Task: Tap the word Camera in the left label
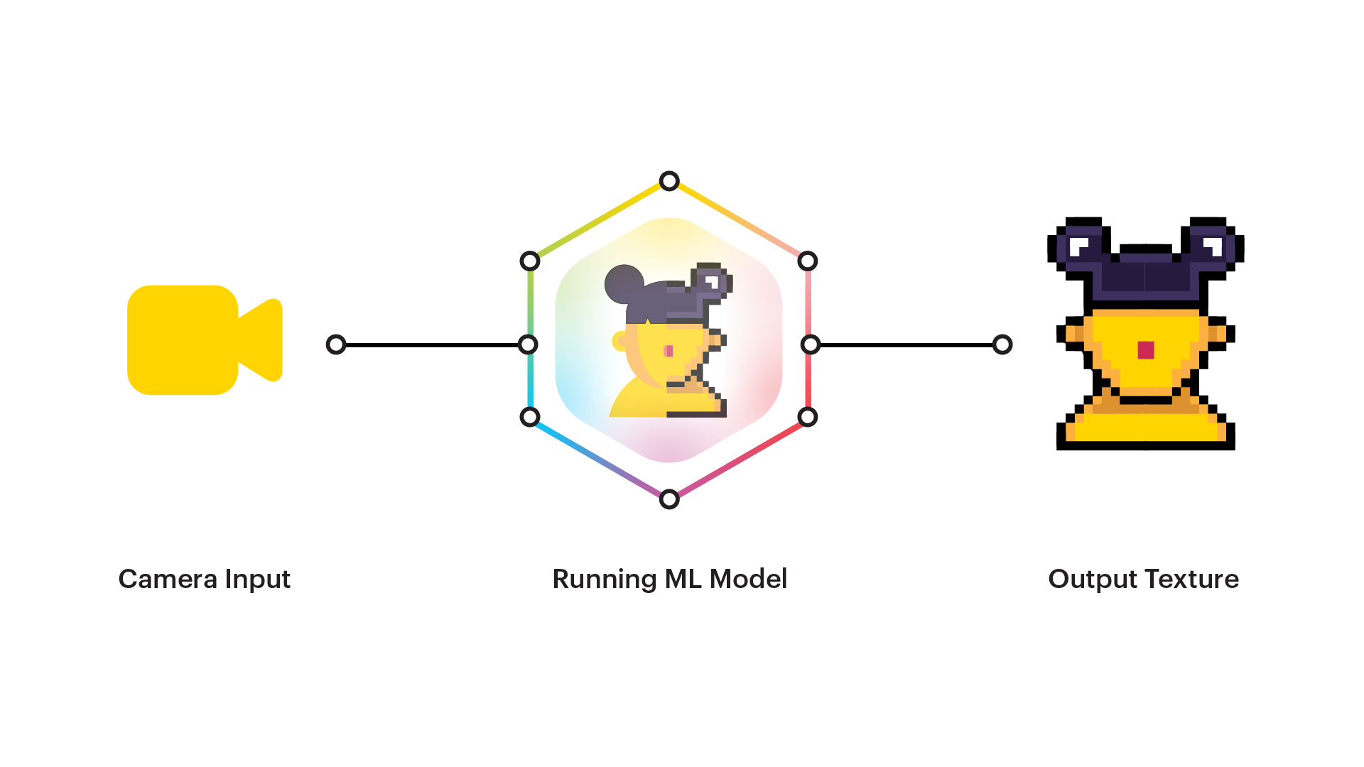point(168,579)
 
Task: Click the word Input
point(258,580)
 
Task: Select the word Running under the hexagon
point(604,580)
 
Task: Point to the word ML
point(683,579)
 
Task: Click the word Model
point(748,579)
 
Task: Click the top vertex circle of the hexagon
point(669,181)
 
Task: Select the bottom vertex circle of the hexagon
point(669,499)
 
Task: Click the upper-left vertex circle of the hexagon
point(530,261)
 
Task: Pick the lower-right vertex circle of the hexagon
point(808,417)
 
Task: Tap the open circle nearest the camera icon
point(336,344)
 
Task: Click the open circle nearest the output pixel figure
point(1002,344)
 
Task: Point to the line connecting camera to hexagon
point(432,344)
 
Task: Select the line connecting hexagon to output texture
point(906,344)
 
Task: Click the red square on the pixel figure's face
point(1145,350)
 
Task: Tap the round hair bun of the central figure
point(623,283)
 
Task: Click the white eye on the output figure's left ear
point(1079,246)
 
